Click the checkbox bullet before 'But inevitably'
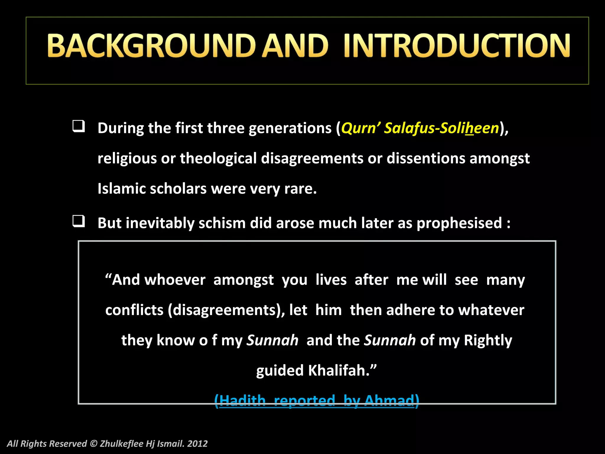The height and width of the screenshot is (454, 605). [79, 221]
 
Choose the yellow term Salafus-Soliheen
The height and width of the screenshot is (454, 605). [441, 128]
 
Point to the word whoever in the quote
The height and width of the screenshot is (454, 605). [175, 280]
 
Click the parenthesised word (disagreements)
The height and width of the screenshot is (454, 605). [226, 310]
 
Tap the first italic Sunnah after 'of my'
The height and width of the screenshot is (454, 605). [272, 340]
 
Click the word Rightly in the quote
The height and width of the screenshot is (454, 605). [488, 340]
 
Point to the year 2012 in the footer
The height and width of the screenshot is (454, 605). [197, 444]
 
